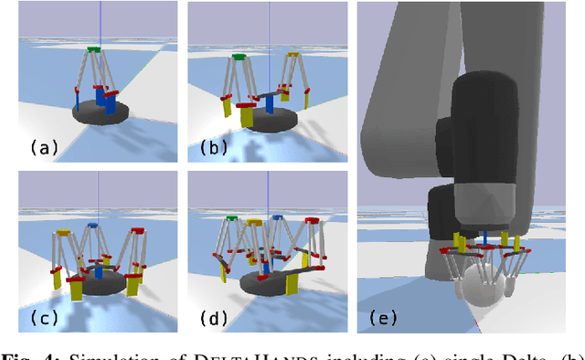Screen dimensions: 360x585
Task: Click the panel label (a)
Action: click(45, 147)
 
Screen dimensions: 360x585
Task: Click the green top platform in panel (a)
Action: click(94, 48)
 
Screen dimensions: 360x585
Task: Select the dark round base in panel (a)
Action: click(101, 113)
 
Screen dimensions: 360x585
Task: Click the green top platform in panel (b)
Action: click(239, 57)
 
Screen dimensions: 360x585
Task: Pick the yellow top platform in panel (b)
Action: click(292, 55)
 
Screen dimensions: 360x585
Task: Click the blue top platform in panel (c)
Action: click(93, 225)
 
